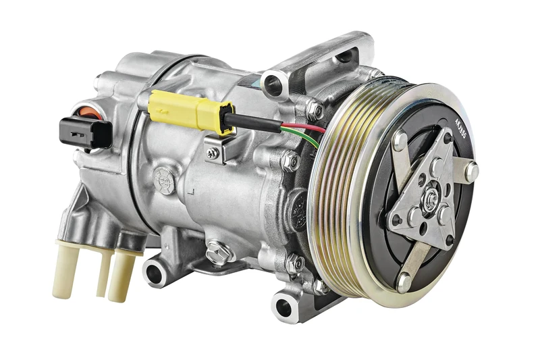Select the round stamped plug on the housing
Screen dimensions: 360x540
[163, 178]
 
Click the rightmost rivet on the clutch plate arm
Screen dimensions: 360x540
[471, 171]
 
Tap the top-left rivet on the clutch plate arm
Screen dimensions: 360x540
[400, 142]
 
